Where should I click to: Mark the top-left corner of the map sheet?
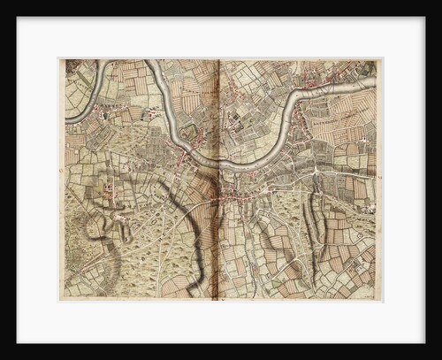[x=59, y=59]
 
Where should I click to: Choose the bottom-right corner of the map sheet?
[x=383, y=301]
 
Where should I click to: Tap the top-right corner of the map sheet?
[x=383, y=59]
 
